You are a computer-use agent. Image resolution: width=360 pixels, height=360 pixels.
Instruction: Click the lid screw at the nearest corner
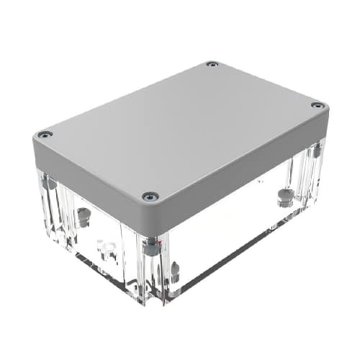click(150, 196)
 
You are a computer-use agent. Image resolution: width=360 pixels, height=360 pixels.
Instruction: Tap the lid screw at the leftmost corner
click(45, 135)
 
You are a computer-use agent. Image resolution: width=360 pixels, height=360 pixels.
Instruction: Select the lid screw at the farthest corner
click(211, 65)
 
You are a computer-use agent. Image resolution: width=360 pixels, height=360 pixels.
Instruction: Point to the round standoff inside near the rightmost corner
click(286, 196)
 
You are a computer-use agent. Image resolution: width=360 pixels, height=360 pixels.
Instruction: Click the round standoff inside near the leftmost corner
click(84, 214)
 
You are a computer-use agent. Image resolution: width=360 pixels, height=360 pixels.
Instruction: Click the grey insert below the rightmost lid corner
click(315, 150)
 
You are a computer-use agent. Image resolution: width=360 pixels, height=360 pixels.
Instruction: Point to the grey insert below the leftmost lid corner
click(49, 183)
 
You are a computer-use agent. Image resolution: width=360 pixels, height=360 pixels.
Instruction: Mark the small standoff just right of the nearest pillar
click(174, 271)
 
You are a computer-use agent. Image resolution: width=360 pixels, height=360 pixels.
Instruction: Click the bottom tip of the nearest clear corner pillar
click(154, 301)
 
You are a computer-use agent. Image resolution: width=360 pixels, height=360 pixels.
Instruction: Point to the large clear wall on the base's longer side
click(230, 230)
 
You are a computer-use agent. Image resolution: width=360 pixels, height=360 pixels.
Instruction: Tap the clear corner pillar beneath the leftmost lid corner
click(49, 209)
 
